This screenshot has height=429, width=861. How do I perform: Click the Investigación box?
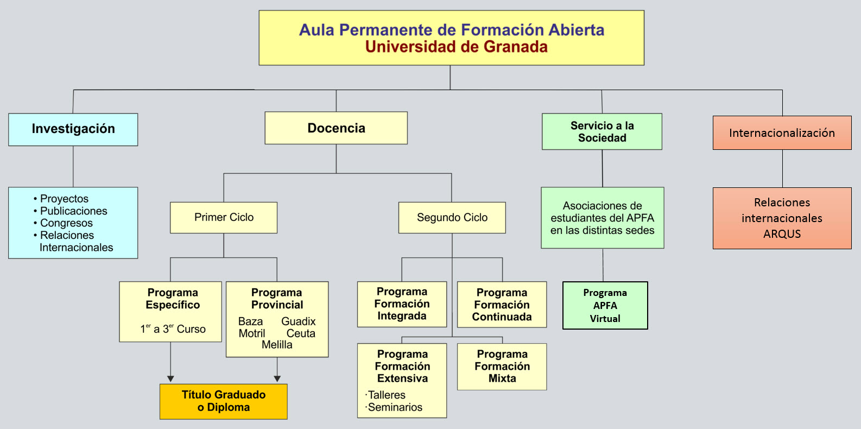point(73,129)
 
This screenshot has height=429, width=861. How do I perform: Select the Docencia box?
point(336,128)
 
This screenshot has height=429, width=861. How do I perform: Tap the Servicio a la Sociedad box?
point(602,131)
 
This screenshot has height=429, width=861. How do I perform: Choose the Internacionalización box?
point(782,133)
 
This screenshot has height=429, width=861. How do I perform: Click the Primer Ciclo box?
point(224,218)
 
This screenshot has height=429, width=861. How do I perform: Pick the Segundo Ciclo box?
point(452,218)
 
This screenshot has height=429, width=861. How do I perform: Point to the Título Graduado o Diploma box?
point(224,401)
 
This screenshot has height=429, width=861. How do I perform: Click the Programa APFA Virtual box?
point(605,305)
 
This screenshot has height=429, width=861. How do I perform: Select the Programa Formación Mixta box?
point(502,367)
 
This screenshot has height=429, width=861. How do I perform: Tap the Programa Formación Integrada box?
point(402,304)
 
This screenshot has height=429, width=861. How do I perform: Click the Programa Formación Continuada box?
point(502,305)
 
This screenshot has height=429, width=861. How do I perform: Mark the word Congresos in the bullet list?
point(66,223)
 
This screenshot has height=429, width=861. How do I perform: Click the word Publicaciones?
point(74,211)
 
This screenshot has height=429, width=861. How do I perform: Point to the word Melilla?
point(277,345)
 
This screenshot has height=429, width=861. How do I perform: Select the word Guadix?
point(298,321)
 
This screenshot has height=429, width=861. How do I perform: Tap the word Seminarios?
point(395,407)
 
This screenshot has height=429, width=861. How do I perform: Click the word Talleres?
point(387,395)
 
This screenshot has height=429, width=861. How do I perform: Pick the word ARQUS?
point(782,234)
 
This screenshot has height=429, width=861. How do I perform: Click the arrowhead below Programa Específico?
point(170,378)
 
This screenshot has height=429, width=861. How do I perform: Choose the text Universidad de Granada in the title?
point(456,47)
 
